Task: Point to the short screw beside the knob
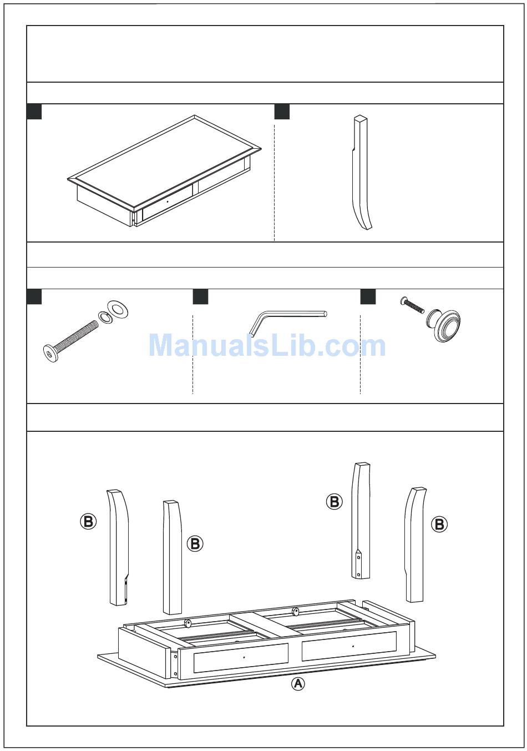click(x=412, y=305)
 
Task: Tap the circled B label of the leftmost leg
click(x=88, y=521)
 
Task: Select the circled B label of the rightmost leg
click(x=439, y=523)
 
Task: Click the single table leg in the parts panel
click(x=361, y=173)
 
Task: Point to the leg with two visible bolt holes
click(x=361, y=521)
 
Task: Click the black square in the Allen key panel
click(x=200, y=297)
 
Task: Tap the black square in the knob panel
click(x=368, y=297)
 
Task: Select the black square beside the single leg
click(x=282, y=112)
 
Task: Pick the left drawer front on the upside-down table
click(x=241, y=658)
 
